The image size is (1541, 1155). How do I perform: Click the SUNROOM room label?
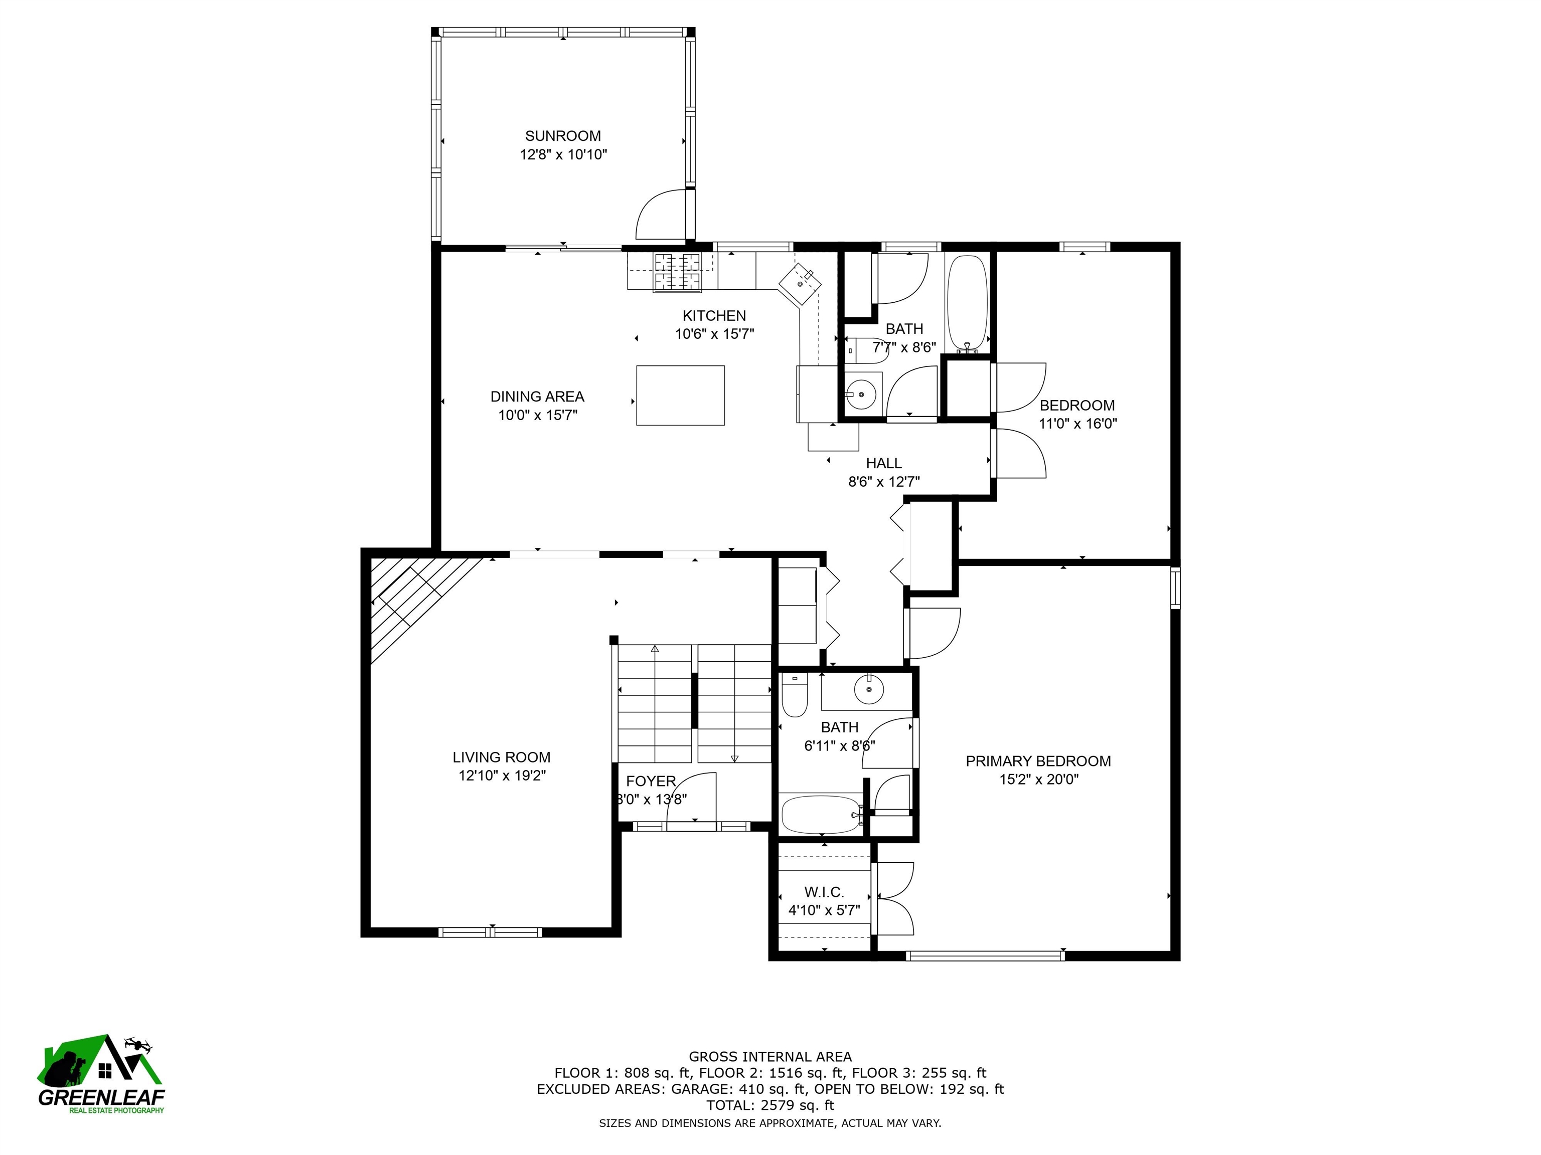(562, 136)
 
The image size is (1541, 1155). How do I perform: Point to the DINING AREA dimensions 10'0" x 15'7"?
(537, 416)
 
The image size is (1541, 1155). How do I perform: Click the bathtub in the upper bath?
(967, 303)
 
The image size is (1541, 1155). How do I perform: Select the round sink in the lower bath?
(869, 689)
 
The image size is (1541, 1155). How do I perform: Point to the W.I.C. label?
(824, 892)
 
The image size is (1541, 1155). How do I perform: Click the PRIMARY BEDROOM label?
(1037, 761)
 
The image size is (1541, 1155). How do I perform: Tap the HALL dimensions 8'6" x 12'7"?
(883, 482)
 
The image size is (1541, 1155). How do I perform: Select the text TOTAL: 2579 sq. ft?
(770, 1105)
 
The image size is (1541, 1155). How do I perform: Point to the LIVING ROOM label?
(501, 757)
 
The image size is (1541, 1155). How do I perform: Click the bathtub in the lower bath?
(821, 814)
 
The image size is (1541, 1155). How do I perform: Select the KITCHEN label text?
(714, 315)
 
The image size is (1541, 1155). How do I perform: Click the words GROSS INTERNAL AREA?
(770, 1057)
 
